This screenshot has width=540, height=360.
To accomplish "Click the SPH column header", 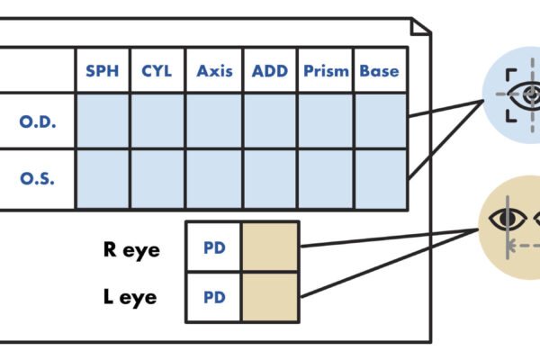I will pyautogui.click(x=102, y=71).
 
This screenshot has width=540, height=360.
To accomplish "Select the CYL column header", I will pyautogui.click(x=157, y=71).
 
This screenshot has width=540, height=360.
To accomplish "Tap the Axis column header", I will pyautogui.click(x=214, y=71).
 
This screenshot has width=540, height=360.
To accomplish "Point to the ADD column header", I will pyautogui.click(x=270, y=71).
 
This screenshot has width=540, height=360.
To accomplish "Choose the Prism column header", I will pyautogui.click(x=326, y=71).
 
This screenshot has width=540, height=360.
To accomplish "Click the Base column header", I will pyautogui.click(x=380, y=71).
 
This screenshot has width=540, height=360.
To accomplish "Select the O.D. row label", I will pyautogui.click(x=38, y=121).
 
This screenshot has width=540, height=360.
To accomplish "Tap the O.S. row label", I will pyautogui.click(x=38, y=177).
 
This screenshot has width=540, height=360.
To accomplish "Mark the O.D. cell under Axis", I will pyautogui.click(x=214, y=121).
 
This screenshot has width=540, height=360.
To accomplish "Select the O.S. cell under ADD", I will pyautogui.click(x=270, y=177).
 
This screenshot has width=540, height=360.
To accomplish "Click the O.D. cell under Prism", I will pyautogui.click(x=326, y=121).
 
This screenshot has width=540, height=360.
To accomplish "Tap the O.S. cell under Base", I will pyautogui.click(x=380, y=177).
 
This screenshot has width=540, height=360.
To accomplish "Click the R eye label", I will pyautogui.click(x=131, y=248).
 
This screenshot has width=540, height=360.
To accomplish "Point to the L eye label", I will pyautogui.click(x=131, y=296).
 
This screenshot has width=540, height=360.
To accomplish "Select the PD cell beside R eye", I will pyautogui.click(x=213, y=247).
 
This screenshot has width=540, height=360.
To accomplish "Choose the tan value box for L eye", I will pyautogui.click(x=270, y=296).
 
